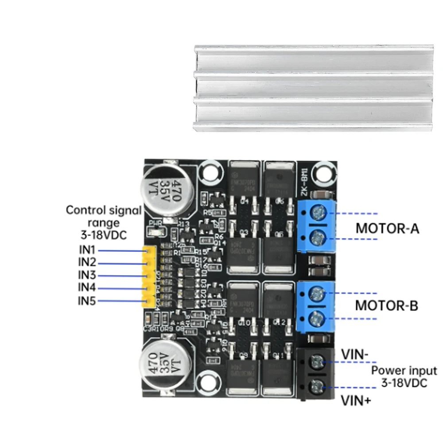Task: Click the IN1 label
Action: point(87,249)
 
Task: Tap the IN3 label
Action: point(87,275)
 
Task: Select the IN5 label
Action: point(87,301)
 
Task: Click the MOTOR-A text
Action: point(387,229)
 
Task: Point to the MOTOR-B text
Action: point(387,306)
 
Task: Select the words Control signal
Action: point(104,210)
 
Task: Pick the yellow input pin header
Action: point(149,277)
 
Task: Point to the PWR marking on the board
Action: point(155,223)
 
